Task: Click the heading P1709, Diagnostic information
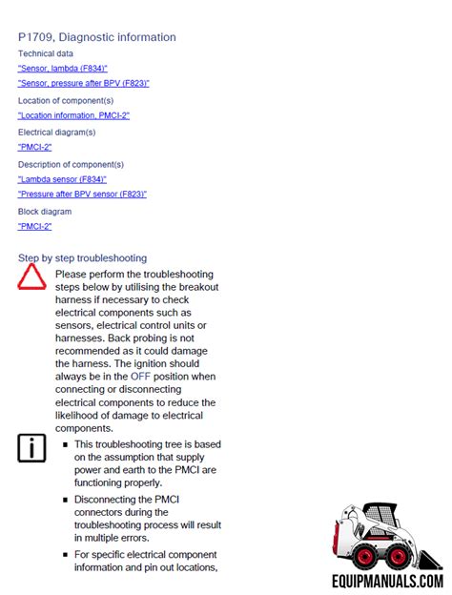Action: tap(96, 37)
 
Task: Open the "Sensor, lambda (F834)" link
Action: tap(62, 69)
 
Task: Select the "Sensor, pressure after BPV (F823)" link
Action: tap(83, 83)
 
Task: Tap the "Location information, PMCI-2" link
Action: tap(73, 115)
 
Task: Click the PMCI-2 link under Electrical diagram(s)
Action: tap(34, 147)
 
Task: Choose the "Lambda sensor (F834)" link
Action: tap(62, 179)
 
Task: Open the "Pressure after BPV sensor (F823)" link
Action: tap(82, 194)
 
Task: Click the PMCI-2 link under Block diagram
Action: tap(34, 226)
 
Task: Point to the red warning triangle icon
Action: tap(31, 277)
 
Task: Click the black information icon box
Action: tap(31, 447)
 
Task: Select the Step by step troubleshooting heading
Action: tap(82, 257)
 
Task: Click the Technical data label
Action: tap(45, 53)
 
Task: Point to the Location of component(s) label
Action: tap(66, 100)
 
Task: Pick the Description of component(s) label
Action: tap(70, 164)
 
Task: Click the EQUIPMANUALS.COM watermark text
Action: tap(387, 579)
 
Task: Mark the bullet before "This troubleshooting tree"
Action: tap(65, 444)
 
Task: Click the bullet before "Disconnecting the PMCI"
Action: tap(65, 500)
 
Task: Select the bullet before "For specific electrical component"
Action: tap(65, 555)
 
